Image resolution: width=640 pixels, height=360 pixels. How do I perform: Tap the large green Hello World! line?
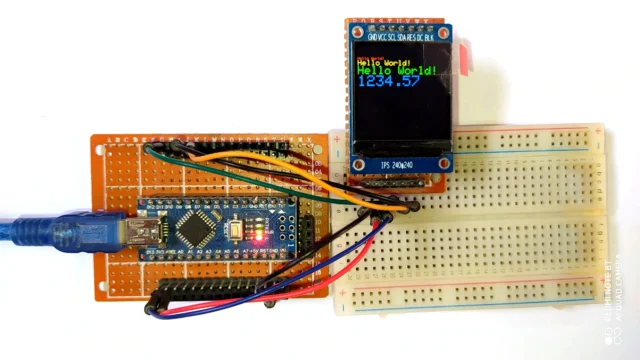(396, 71)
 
